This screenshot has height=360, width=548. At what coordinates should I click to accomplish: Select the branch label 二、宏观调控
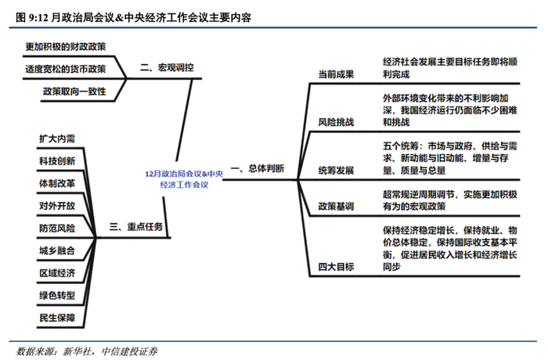166,67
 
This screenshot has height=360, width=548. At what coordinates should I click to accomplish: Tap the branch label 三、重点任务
136,227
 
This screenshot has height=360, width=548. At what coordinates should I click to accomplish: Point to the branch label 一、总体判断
258,168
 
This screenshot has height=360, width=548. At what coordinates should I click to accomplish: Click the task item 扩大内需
57,139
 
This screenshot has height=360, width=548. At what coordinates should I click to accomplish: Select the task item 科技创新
57,160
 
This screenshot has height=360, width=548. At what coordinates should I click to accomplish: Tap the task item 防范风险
57,228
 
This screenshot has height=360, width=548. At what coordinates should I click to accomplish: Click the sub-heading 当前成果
336,74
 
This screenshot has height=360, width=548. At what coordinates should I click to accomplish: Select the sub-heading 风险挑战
336,123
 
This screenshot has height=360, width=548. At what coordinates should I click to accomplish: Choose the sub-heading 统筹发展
336,170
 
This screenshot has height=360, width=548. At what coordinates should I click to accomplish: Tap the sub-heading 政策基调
336,207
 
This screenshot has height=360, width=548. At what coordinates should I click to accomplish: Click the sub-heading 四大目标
336,267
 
